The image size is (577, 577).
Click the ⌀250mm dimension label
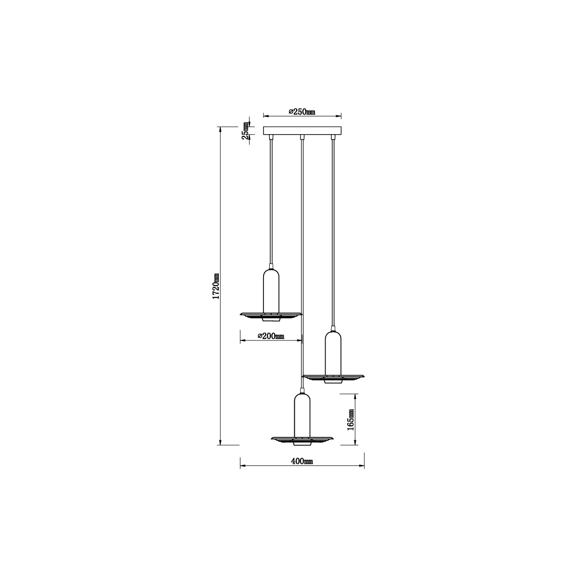(302, 112)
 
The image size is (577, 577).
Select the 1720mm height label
(216, 286)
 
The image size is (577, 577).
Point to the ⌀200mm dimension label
(271, 336)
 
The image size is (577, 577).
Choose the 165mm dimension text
(351, 420)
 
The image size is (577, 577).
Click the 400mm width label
(302, 461)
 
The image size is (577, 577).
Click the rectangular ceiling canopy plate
(302, 131)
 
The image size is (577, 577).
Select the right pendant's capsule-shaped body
(333, 353)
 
